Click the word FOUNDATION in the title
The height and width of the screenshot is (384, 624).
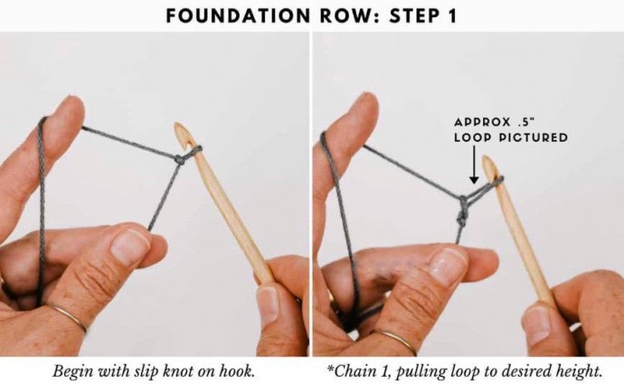(238, 16)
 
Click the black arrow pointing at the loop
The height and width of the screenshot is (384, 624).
(474, 164)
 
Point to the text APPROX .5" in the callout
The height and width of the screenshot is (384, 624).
(497, 122)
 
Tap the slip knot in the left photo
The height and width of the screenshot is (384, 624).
(180, 160)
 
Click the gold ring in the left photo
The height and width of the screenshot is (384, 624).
(70, 316)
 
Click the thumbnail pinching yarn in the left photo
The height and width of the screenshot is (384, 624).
(129, 247)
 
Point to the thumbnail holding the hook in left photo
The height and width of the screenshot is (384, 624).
(268, 303)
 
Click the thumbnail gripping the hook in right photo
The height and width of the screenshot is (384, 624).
(537, 323)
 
